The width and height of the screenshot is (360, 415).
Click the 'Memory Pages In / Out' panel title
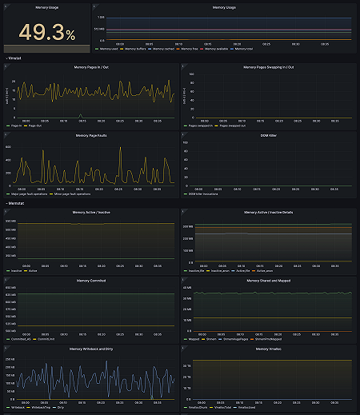click(90, 67)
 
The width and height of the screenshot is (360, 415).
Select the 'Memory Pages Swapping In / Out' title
click(268, 67)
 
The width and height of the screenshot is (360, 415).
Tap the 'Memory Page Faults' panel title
click(90, 135)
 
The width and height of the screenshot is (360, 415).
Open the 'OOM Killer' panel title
click(268, 135)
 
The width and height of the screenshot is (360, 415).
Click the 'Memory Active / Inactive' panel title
click(90, 212)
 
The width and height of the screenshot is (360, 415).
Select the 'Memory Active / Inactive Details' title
click(268, 212)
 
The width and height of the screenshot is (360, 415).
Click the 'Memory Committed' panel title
click(90, 281)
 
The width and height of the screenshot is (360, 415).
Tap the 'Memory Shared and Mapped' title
click(268, 281)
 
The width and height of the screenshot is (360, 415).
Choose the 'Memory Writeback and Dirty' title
click(90, 349)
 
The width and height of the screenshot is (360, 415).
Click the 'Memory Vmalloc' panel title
click(268, 349)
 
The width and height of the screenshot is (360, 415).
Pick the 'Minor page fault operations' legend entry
click(70, 194)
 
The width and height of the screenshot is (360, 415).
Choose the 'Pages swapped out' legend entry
click(238, 126)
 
